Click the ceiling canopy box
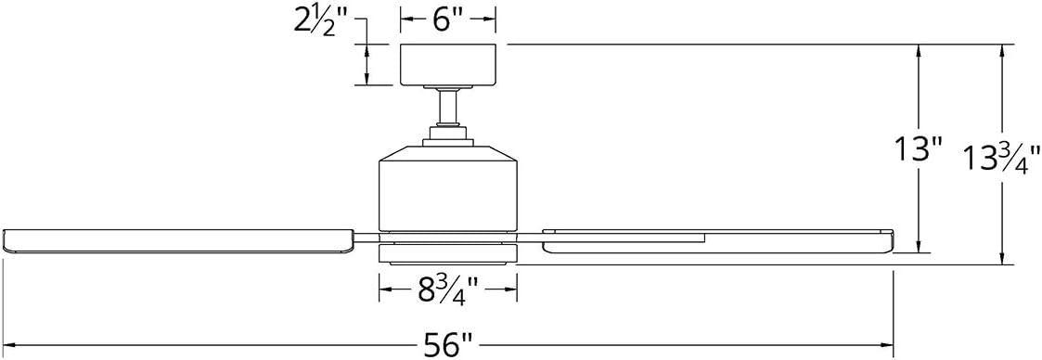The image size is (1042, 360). click(x=448, y=64)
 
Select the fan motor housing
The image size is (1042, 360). click(x=447, y=186)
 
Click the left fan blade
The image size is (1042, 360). click(x=176, y=239)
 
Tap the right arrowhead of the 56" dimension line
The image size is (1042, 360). click(x=888, y=345)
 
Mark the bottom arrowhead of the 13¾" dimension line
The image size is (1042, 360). click(x=1001, y=260)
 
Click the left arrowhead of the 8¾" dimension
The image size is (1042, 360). click(x=383, y=292)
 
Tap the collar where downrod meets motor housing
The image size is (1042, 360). click(x=448, y=140)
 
